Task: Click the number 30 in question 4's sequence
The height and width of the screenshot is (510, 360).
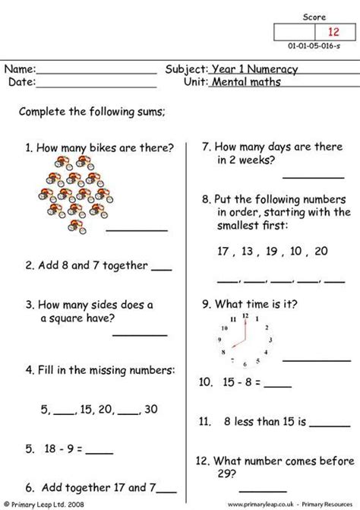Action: point(150,409)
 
